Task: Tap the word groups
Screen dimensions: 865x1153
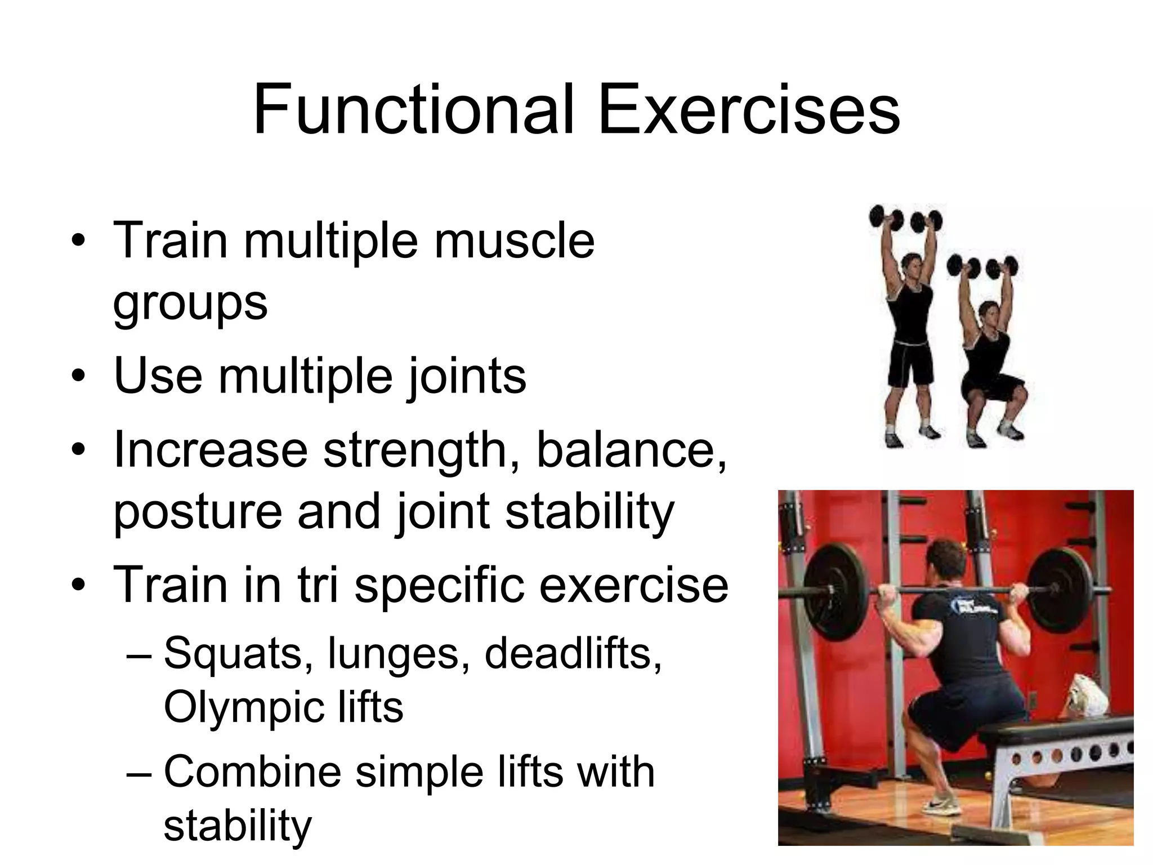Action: pyautogui.click(x=190, y=304)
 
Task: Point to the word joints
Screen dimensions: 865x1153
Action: pyautogui.click(x=467, y=376)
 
